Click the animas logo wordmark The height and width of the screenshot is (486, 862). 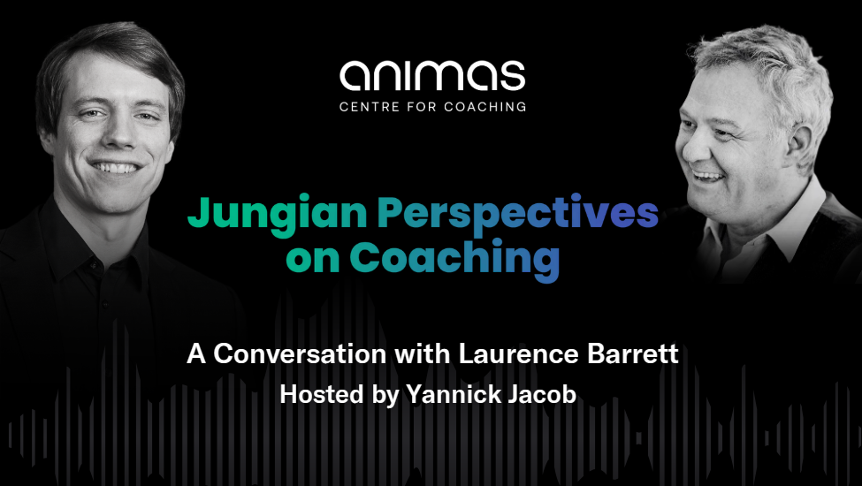point(432,75)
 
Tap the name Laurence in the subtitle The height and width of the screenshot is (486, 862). point(518,353)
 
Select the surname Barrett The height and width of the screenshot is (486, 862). point(633,353)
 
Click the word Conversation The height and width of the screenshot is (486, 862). point(299,353)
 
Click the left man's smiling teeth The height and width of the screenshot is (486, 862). point(117,166)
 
